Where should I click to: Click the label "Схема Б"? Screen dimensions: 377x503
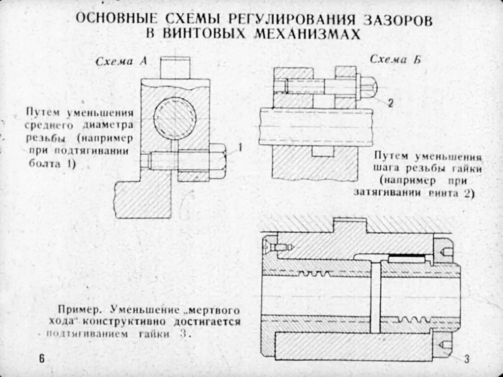tap(389, 60)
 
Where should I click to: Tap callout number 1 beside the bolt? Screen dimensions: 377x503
tap(241, 147)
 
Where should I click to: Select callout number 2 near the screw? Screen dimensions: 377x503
tap(390, 103)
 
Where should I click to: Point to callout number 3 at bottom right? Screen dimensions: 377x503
tap(467, 359)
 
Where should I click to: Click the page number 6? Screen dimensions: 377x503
tap(42, 359)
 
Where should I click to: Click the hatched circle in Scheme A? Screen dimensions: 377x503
tap(175, 118)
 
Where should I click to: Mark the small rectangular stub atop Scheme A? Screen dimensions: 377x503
tap(175, 68)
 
